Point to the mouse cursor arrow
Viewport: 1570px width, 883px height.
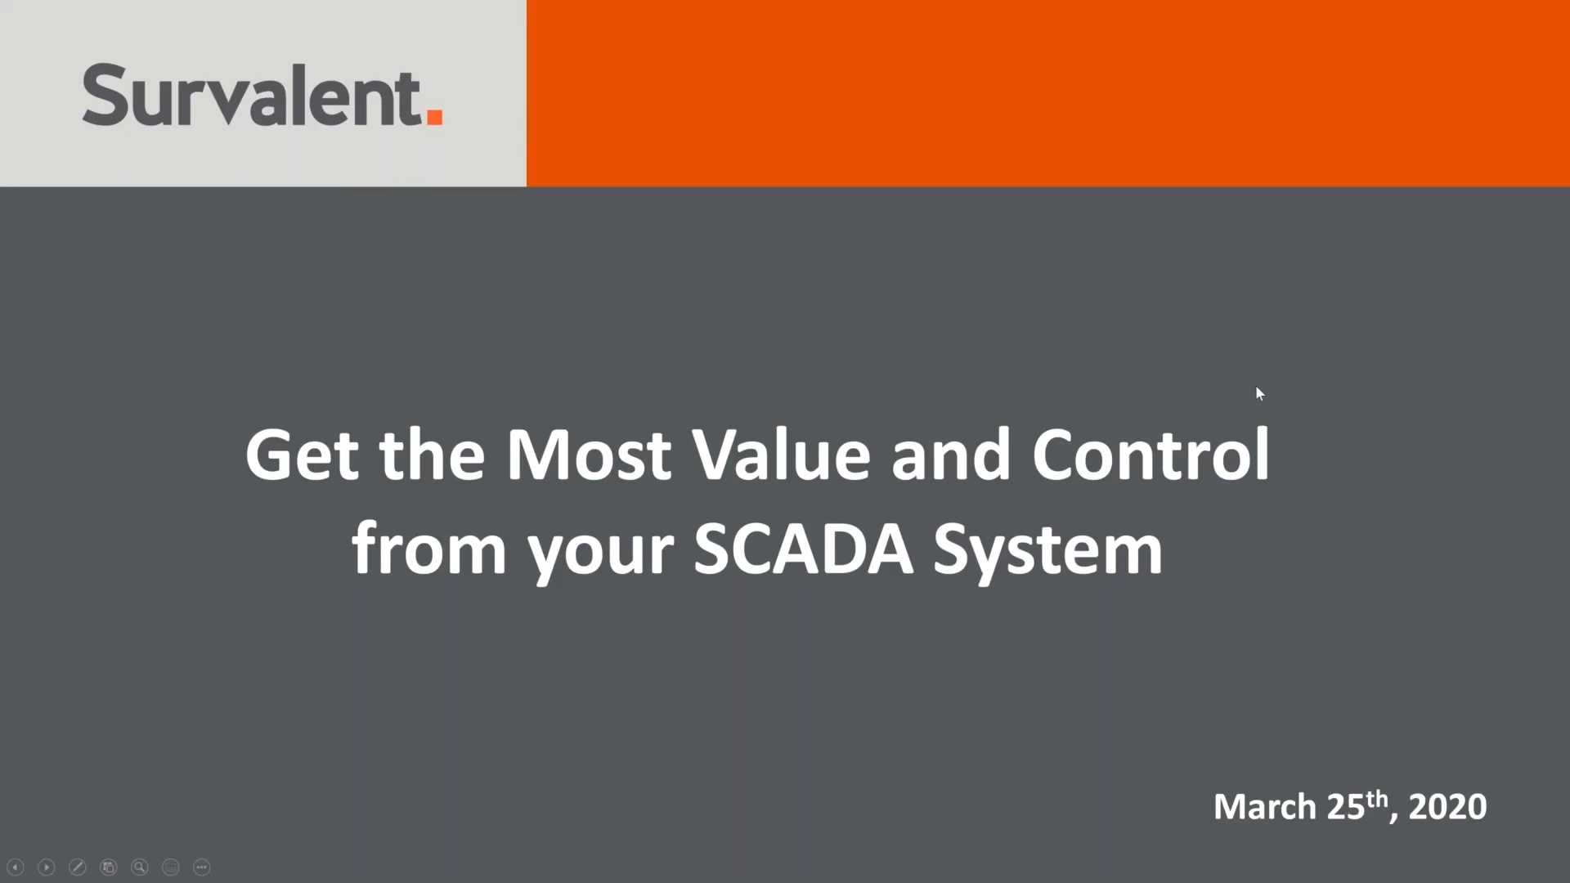1259,394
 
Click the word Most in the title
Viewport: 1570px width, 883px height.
589,455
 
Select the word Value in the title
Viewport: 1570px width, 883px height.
782,455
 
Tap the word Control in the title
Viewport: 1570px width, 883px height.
1150,455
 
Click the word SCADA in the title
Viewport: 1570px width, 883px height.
803,549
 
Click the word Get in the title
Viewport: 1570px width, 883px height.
301,455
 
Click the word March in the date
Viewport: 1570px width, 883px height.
1264,807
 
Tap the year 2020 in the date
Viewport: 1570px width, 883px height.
1447,807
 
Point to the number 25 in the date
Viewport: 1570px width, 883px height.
1346,807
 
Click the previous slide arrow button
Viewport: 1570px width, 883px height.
16,867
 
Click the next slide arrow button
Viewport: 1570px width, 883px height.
47,867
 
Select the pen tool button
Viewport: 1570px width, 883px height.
78,867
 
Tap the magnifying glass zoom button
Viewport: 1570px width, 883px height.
140,867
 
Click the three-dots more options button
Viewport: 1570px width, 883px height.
202,867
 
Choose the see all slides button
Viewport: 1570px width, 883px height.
109,867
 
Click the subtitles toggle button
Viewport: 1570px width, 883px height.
171,867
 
